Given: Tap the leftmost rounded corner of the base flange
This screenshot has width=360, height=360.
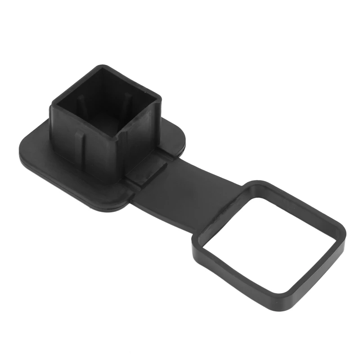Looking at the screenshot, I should point(20,148).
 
